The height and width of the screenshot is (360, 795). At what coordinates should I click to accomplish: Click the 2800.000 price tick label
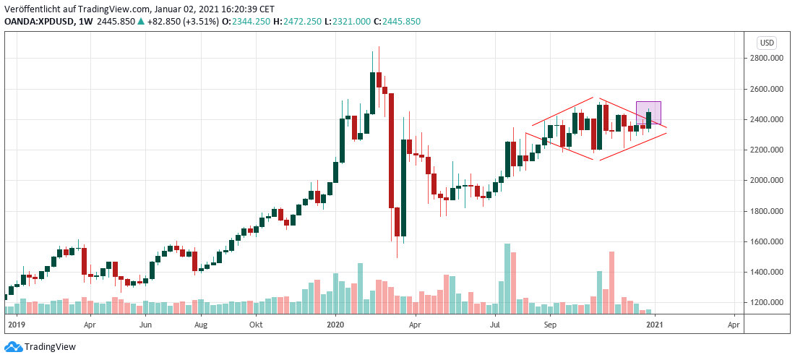(x=767, y=59)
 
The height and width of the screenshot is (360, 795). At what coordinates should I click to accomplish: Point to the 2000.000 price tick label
(x=767, y=181)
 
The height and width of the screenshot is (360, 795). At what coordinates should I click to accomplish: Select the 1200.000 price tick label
(x=767, y=303)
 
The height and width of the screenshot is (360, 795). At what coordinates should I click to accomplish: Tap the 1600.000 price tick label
(x=767, y=241)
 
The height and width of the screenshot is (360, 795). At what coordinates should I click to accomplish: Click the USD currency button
(x=766, y=42)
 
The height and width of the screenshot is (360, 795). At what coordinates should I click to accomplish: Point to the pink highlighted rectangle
(x=648, y=113)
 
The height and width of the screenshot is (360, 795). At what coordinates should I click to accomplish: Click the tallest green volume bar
(x=507, y=278)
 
